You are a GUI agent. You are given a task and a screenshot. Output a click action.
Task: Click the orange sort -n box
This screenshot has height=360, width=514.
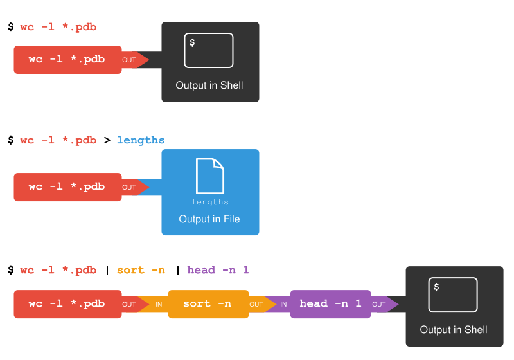[208, 304]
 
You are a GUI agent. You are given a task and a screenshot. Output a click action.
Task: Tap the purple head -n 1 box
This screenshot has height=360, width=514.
[330, 304]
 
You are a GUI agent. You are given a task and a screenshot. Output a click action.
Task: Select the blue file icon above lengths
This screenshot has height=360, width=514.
[210, 176]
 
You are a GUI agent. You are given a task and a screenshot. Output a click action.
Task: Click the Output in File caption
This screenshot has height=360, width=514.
[209, 219]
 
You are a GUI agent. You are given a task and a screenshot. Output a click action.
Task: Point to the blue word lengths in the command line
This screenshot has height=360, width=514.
[141, 140]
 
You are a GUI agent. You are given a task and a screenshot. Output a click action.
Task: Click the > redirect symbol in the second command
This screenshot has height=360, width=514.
[107, 140]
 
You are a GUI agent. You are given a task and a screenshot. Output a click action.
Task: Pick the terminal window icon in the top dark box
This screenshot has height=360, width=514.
[209, 50]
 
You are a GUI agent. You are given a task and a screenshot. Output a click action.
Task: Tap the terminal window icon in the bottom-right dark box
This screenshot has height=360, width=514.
[453, 294]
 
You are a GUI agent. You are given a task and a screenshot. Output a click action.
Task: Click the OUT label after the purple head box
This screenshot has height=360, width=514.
[379, 305]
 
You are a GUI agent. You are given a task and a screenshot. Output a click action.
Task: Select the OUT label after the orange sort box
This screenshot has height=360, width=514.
[256, 305]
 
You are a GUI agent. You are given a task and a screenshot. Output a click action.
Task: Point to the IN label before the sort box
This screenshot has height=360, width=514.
[159, 305]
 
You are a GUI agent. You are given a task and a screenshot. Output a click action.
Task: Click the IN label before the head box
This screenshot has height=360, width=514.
[283, 305]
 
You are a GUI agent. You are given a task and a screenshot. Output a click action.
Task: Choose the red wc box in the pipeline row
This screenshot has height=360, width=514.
[67, 304]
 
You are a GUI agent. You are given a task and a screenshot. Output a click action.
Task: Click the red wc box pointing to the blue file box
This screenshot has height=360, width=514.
[67, 187]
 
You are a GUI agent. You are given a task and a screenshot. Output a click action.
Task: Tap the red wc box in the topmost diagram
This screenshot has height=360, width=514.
[67, 60]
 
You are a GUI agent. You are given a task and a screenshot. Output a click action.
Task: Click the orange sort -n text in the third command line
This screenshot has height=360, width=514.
[141, 270]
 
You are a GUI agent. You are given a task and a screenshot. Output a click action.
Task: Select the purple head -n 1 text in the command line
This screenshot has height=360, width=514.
[218, 270]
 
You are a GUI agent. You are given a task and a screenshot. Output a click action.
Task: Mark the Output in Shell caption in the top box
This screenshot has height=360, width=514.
[209, 85]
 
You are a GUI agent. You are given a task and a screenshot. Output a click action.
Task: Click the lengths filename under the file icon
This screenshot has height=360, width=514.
[210, 202]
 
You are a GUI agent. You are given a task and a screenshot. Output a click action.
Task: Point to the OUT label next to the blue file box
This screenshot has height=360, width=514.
[129, 188]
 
